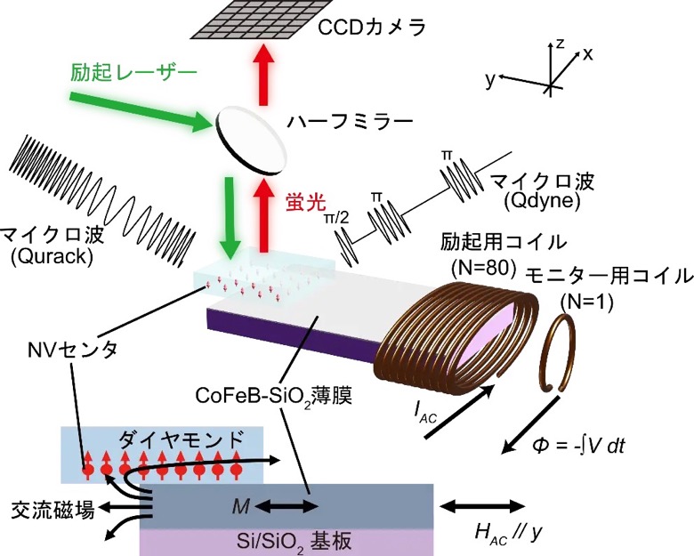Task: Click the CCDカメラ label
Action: tap(372, 28)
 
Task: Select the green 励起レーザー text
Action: tap(133, 72)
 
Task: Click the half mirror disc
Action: tap(252, 140)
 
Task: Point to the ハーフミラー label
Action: tap(350, 121)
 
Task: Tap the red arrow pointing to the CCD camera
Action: tap(263, 75)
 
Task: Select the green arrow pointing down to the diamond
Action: tap(230, 218)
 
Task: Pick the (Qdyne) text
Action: tap(542, 200)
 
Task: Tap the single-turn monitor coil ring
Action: tap(557, 352)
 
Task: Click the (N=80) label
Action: tap(484, 268)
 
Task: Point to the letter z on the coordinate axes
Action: tap(560, 43)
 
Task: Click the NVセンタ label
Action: tap(72, 350)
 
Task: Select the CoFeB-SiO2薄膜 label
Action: tap(273, 396)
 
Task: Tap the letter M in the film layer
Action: tap(241, 506)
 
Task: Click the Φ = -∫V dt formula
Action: tap(578, 446)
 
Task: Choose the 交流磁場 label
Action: tap(53, 510)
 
